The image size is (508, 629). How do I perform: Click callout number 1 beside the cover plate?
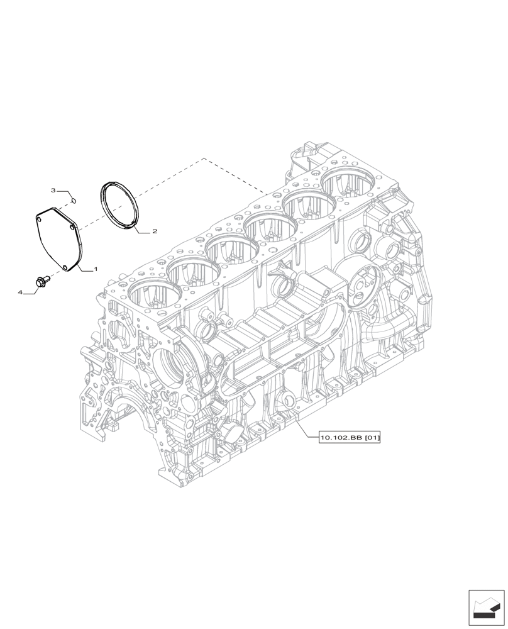[96, 269]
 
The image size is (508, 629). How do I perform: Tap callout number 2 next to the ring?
[154, 231]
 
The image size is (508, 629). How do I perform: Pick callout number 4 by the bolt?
[21, 292]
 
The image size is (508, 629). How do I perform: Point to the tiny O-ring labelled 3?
[74, 201]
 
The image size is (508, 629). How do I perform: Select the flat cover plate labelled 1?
[57, 239]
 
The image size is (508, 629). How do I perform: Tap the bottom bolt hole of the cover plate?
[66, 269]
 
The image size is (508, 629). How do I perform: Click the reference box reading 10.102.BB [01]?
[350, 437]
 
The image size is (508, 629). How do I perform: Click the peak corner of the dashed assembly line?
[204, 158]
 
